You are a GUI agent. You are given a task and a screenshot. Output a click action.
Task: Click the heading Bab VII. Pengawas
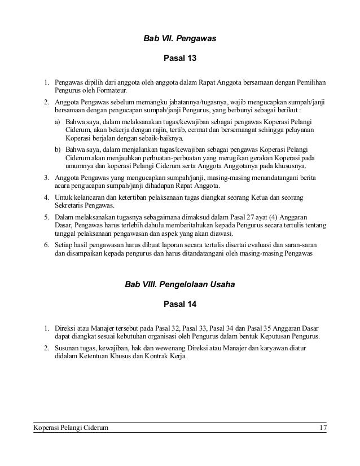[180, 39]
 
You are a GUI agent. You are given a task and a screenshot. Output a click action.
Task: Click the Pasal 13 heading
[179, 59]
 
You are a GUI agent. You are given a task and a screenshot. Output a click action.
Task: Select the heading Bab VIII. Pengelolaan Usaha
[180, 286]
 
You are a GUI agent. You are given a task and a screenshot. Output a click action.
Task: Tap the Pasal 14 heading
[179, 305]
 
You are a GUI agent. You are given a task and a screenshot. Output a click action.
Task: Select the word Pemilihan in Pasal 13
[308, 82]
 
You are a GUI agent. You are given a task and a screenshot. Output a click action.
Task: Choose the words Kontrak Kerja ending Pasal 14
[168, 357]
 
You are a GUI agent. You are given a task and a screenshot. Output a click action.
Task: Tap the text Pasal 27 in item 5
[225, 217]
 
